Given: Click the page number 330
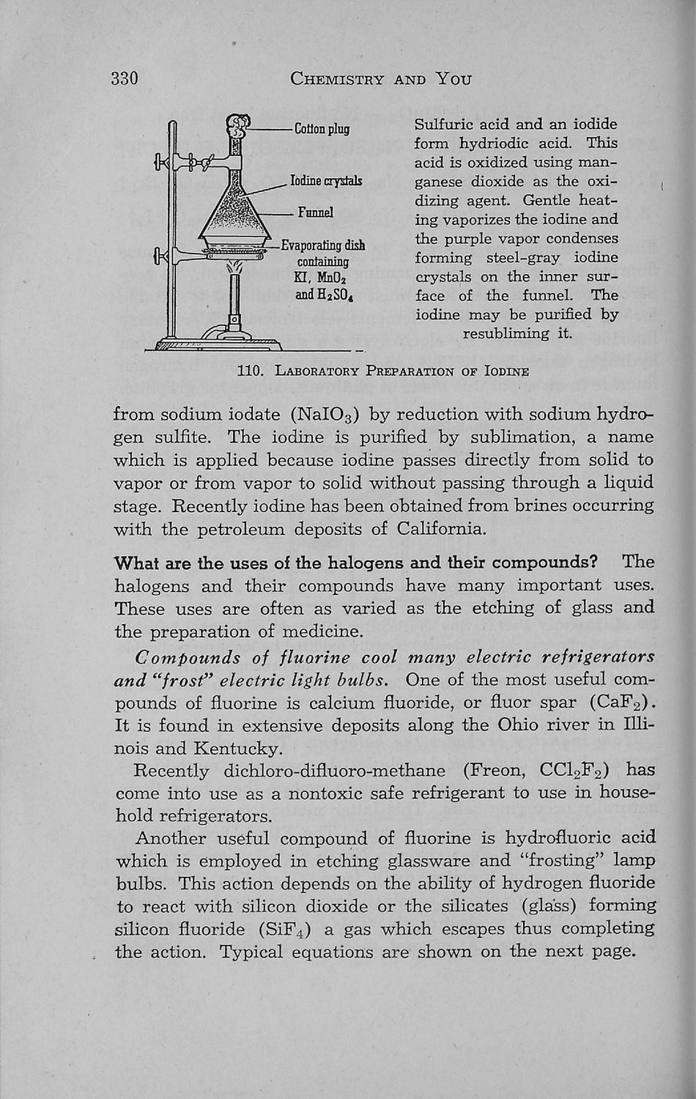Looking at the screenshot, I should (x=125, y=78).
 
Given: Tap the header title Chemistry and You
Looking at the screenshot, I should (x=380, y=78).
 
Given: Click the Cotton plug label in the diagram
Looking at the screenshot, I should (x=322, y=130).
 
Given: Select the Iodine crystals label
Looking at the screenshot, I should (x=327, y=180).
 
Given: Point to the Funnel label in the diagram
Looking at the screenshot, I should (x=316, y=212).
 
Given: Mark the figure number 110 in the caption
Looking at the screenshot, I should (x=251, y=371).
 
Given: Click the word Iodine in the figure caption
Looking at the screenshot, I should (x=507, y=371).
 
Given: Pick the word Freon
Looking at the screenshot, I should (x=491, y=771).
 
